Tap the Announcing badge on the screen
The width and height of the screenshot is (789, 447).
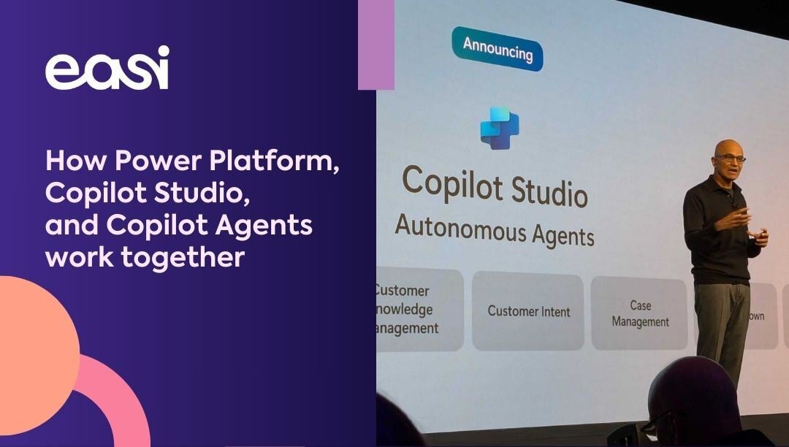pyautogui.click(x=498, y=50)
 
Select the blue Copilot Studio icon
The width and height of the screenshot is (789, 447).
pyautogui.click(x=500, y=128)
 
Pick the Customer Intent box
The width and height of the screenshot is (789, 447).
pyautogui.click(x=528, y=311)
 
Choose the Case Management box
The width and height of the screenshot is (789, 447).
pyautogui.click(x=640, y=313)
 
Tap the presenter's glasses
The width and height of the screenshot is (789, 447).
pyautogui.click(x=731, y=158)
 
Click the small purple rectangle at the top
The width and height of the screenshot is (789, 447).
pyautogui.click(x=376, y=45)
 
